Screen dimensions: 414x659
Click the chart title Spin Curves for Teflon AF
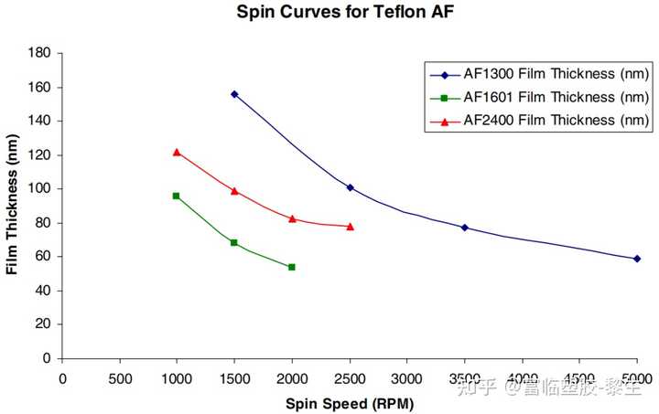pos(330,13)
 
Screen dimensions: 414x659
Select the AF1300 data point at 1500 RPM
pos(234,94)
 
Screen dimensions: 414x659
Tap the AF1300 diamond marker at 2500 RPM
pos(350,187)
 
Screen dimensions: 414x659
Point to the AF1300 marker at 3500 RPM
pos(465,228)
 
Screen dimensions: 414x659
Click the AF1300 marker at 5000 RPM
pos(637,259)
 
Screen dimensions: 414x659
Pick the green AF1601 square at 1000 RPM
pos(177,196)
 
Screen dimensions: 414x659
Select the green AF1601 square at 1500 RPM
pos(234,242)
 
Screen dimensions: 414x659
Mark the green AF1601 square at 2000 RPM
pos(292,267)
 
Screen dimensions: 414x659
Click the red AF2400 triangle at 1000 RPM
pos(177,152)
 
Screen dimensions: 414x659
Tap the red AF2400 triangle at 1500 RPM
pos(234,191)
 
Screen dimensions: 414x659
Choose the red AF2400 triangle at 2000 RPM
pos(292,218)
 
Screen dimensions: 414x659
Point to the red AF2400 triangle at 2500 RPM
pos(350,226)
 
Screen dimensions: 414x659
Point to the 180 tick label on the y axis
pos(38,53)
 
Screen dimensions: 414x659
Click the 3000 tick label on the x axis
pos(407,377)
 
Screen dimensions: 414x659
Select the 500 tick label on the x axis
pos(119,377)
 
